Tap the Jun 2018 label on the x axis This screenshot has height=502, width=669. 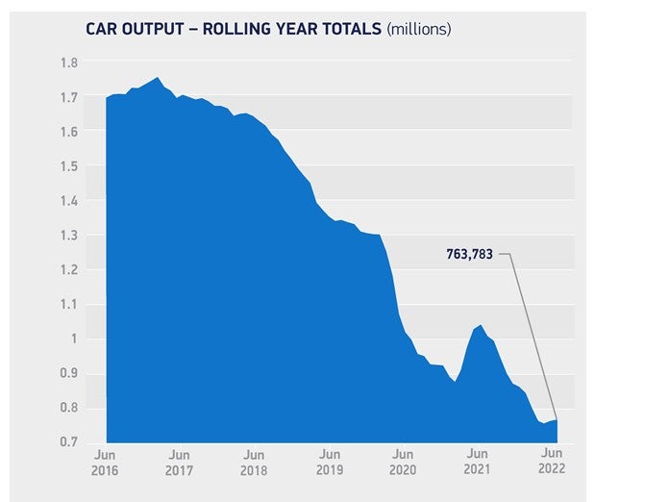(254, 462)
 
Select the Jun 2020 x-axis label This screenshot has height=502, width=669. (403, 462)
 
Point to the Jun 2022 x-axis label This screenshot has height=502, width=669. (553, 462)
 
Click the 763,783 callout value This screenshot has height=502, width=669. (470, 256)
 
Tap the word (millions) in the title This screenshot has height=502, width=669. (418, 29)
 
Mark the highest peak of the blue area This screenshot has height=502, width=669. (157, 78)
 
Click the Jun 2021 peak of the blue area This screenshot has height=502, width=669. (480, 325)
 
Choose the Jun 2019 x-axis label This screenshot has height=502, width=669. (329, 462)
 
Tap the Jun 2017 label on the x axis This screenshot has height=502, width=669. (179, 462)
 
